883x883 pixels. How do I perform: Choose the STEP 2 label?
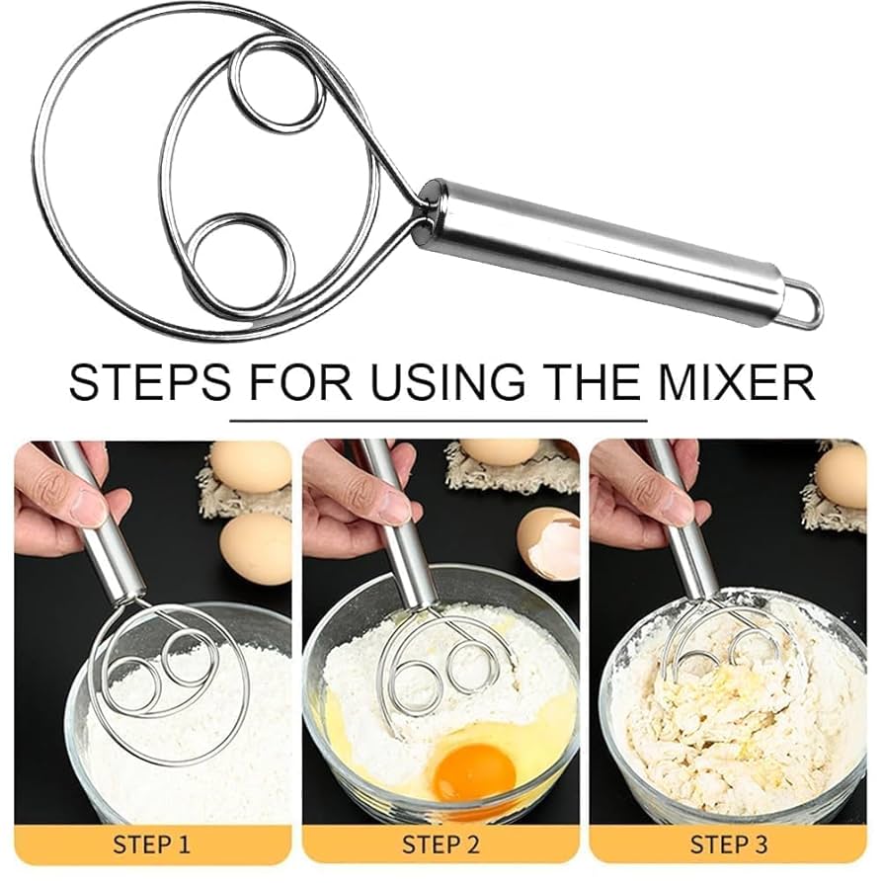441,844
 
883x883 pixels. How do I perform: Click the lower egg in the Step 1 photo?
255,549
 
